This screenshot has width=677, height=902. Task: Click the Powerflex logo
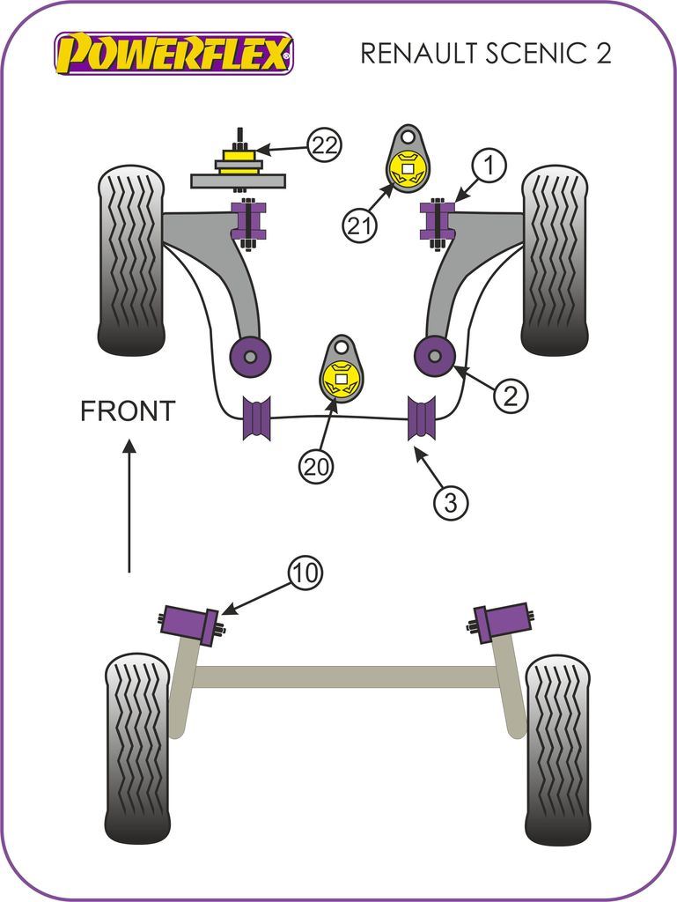pos(173,54)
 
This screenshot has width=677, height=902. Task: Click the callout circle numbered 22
pos(324,144)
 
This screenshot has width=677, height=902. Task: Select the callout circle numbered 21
pos(358,225)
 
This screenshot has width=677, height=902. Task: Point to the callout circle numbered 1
pos(490,165)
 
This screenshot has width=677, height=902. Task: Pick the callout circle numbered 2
pos(511,396)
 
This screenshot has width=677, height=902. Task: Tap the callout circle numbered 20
pos(317,466)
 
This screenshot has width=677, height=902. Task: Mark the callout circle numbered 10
pos(305,573)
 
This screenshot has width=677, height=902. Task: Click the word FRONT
pos(128,410)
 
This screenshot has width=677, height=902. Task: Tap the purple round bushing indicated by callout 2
pos(434,356)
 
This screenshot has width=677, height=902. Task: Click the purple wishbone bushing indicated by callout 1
pos(436,223)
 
